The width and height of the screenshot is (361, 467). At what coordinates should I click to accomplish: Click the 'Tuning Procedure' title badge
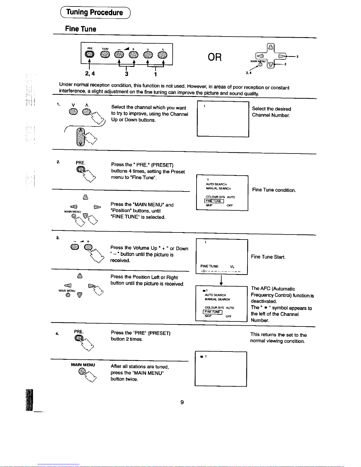(x=95, y=12)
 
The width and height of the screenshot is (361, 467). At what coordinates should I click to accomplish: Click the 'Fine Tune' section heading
(x=80, y=29)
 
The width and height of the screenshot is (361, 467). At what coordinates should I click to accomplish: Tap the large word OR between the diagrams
(x=215, y=57)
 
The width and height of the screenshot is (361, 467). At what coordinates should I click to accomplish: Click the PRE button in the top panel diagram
(x=89, y=55)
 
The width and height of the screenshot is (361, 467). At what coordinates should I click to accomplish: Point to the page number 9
(x=182, y=402)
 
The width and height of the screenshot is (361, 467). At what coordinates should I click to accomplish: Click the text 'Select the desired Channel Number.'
(x=271, y=112)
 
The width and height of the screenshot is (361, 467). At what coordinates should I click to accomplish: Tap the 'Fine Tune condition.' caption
(x=274, y=190)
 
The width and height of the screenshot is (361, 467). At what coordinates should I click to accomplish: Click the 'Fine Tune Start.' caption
(x=268, y=257)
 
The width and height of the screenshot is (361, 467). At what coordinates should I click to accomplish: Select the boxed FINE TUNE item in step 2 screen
(x=214, y=201)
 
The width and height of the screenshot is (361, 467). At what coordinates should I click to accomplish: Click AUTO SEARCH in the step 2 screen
(x=216, y=184)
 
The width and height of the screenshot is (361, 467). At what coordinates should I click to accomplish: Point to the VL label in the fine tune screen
(x=232, y=266)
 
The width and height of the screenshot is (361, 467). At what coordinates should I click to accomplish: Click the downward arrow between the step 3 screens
(x=221, y=280)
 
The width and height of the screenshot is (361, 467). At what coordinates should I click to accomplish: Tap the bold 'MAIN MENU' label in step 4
(x=83, y=365)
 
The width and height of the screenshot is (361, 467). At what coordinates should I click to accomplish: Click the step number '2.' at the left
(x=58, y=161)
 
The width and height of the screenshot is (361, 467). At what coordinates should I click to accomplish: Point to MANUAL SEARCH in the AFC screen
(x=217, y=299)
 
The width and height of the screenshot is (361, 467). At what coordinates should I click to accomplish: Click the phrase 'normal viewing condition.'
(x=277, y=341)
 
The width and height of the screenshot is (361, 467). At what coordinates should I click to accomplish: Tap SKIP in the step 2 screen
(x=209, y=205)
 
